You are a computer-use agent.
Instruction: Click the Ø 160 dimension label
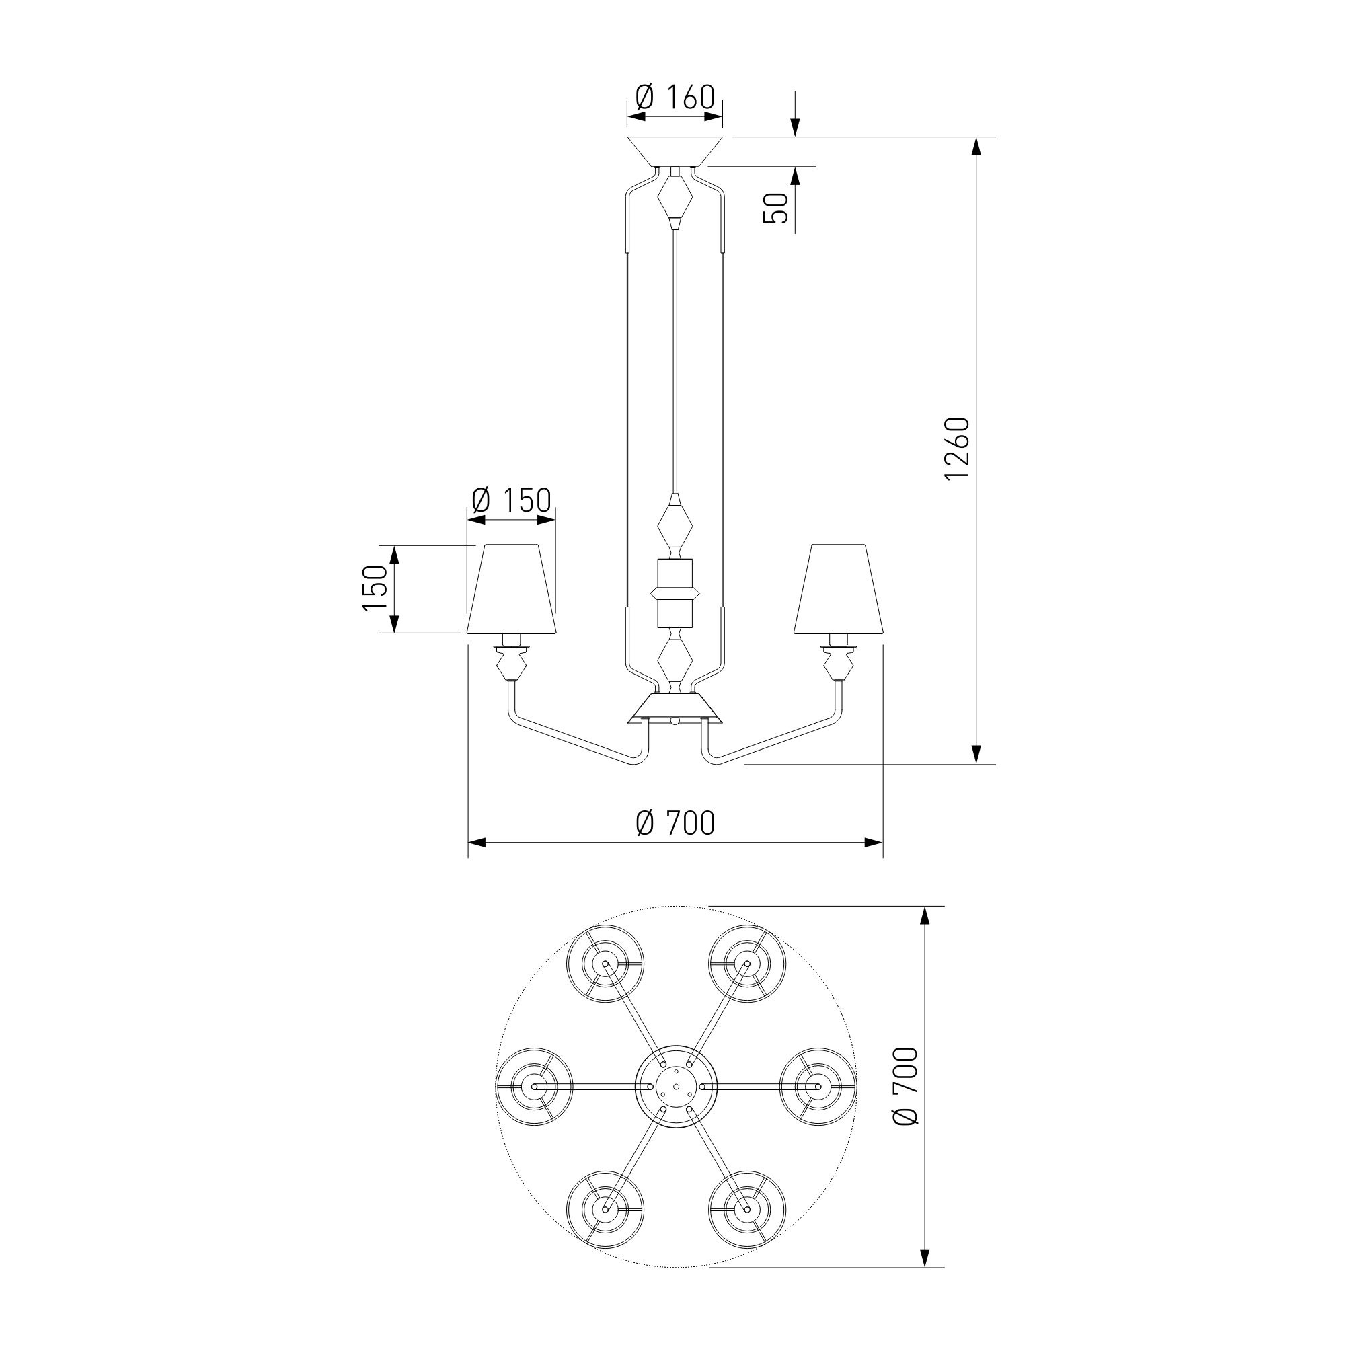pos(675,98)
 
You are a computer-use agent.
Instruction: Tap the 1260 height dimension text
pos(958,449)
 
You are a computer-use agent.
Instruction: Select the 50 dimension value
pos(775,207)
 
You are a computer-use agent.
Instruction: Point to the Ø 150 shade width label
pos(511,500)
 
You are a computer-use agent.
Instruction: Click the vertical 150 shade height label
pos(375,588)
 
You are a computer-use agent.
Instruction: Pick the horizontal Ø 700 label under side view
pos(675,823)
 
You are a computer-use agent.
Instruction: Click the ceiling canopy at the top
pos(675,153)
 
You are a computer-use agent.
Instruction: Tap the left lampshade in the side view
pos(512,589)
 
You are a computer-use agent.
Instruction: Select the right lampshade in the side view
pos(839,589)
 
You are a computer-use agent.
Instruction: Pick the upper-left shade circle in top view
pos(605,964)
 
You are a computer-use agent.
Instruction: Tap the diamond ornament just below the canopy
pos(675,198)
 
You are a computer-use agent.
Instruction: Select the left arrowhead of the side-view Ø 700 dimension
pos(477,843)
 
